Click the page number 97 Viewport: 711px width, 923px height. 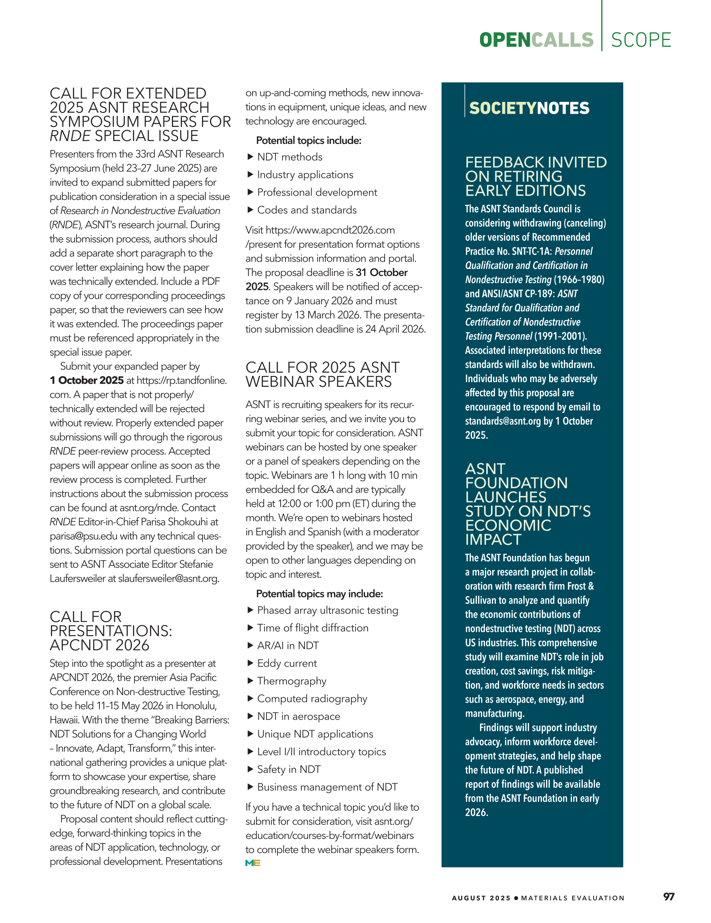(668, 896)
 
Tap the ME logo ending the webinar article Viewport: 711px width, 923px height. (253, 863)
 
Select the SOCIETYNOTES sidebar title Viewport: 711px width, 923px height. (529, 108)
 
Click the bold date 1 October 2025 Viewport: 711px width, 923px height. (87, 380)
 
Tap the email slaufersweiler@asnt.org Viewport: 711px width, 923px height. (168, 578)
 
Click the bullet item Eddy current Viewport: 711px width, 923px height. (287, 663)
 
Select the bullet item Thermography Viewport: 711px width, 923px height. (292, 681)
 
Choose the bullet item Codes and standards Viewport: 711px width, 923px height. (307, 210)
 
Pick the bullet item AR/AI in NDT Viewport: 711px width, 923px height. (288, 645)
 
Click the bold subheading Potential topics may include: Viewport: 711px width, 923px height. (319, 594)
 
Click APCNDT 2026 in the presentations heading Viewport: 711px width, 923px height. (99, 645)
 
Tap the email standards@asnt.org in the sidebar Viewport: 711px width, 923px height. (503, 421)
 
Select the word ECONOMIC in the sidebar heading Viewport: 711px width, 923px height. (508, 525)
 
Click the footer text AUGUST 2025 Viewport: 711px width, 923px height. (481, 898)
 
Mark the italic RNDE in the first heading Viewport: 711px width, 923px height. (70, 136)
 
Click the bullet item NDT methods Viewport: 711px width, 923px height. (290, 157)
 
